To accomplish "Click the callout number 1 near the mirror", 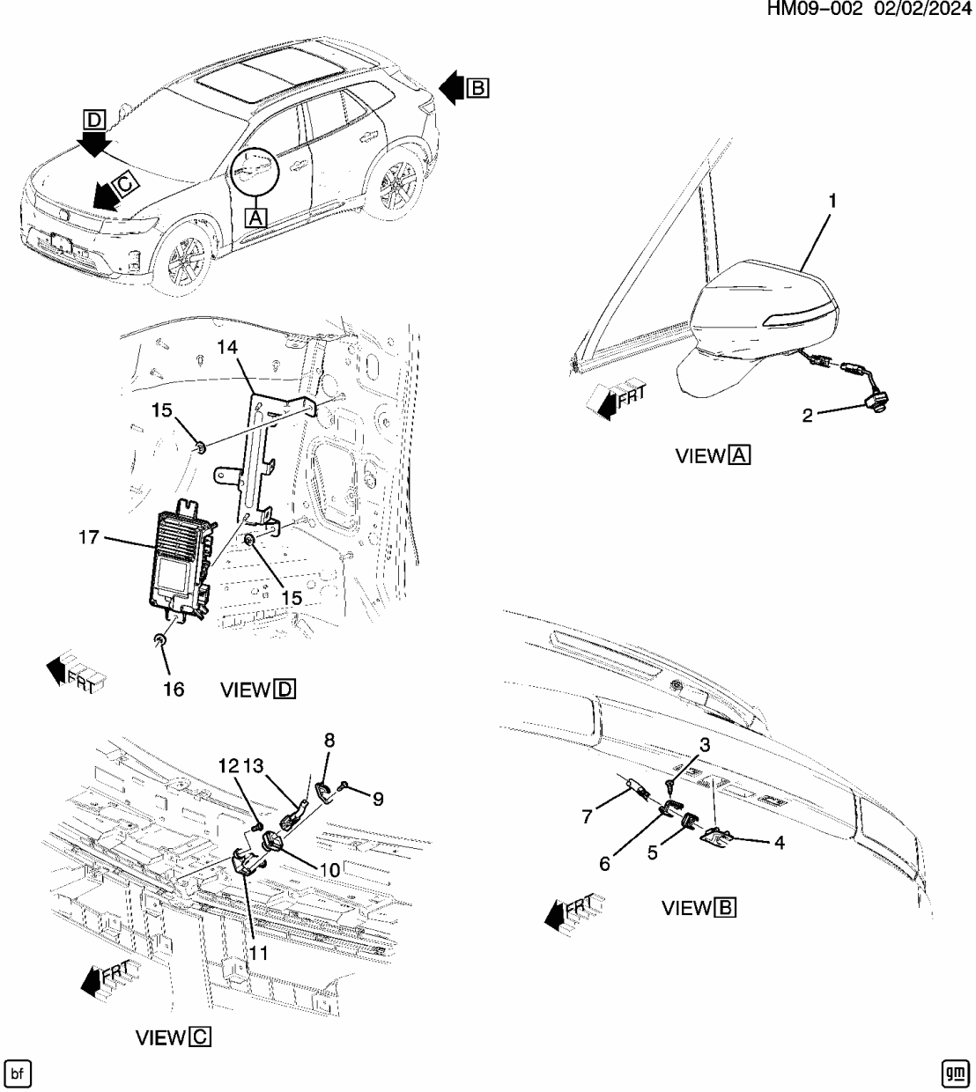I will tap(831, 201).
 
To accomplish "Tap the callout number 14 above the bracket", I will tap(227, 348).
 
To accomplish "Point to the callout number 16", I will tap(174, 689).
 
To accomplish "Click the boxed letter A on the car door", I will tap(255, 216).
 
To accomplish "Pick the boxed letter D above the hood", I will tap(94, 119).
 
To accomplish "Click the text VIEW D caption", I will tap(257, 690).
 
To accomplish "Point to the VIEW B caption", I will tap(699, 908).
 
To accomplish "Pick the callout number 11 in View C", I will tap(258, 952).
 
